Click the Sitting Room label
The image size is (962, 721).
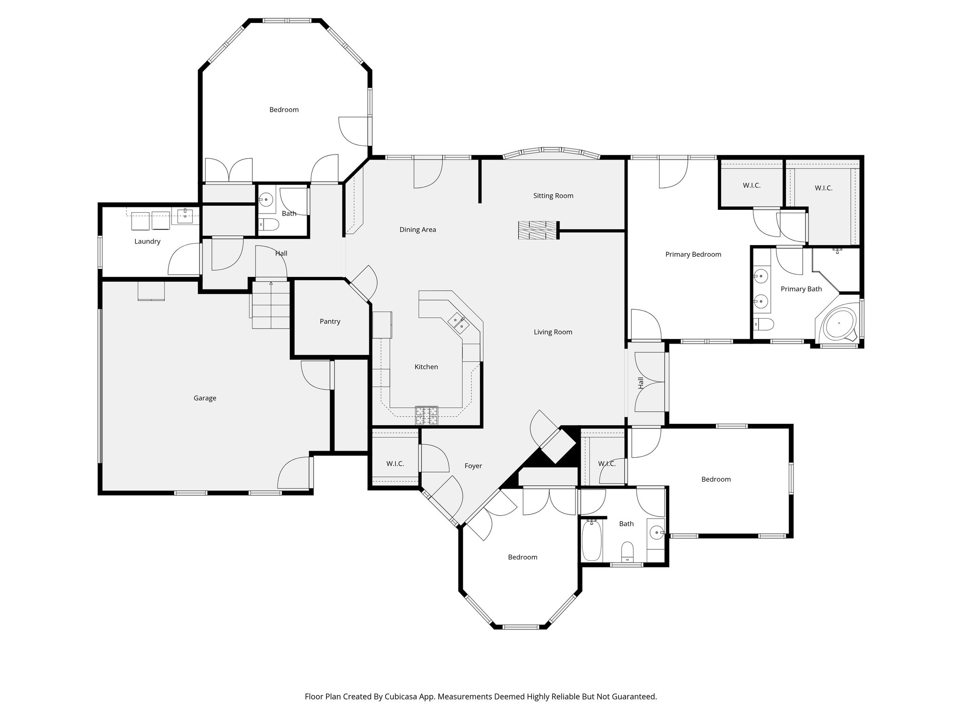(553, 196)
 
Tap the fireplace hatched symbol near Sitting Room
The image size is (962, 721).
(538, 230)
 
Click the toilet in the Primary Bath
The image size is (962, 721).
(763, 324)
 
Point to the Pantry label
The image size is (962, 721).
(330, 322)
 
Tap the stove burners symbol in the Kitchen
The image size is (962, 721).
(427, 415)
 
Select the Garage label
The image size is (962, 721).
(205, 398)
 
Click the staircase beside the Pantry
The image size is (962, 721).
(271, 306)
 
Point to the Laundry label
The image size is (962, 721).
(147, 241)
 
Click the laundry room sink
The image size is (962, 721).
(186, 216)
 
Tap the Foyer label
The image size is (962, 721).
(473, 466)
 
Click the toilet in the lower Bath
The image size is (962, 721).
(627, 551)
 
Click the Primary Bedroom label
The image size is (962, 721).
(693, 254)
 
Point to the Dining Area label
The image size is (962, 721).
(418, 230)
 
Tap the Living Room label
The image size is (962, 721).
(553, 332)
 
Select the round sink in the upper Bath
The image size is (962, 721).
(266, 199)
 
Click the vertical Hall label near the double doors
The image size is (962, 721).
(641, 383)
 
